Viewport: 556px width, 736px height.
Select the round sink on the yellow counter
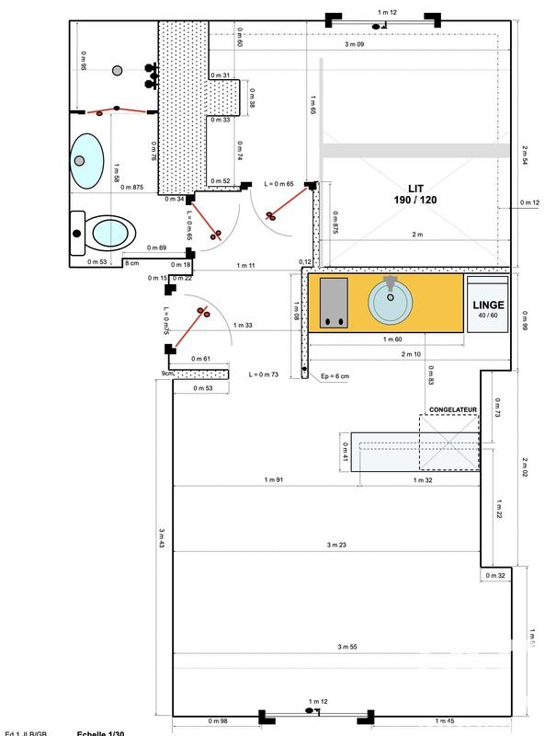click(392, 300)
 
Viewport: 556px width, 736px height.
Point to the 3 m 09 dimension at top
click(354, 44)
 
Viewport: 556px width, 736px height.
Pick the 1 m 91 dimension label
click(272, 480)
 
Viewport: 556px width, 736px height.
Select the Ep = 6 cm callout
click(334, 375)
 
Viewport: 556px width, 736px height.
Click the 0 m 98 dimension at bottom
click(218, 720)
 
